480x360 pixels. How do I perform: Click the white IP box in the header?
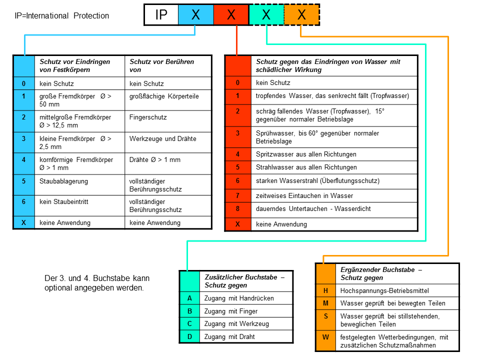click(x=161, y=15)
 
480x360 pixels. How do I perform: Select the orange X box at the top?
click(x=301, y=15)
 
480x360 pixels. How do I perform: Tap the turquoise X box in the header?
click(x=266, y=15)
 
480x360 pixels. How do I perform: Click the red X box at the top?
click(x=231, y=15)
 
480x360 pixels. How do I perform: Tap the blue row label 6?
click(x=23, y=205)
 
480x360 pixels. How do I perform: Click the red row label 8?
click(x=237, y=209)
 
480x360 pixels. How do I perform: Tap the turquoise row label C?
click(x=189, y=323)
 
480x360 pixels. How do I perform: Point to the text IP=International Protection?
click(x=62, y=16)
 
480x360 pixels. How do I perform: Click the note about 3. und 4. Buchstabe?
click(x=97, y=283)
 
